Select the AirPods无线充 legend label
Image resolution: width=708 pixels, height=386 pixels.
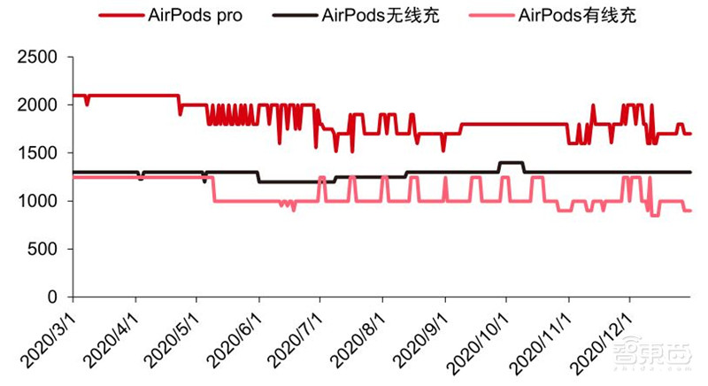click(381, 16)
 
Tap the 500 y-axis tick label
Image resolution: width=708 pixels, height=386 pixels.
click(42, 249)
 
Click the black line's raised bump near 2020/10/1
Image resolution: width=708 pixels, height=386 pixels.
click(512, 163)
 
